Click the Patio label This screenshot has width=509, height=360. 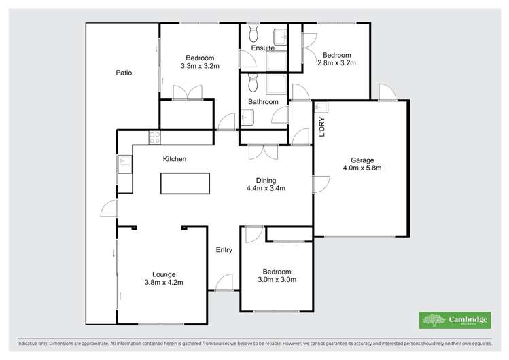point(124,73)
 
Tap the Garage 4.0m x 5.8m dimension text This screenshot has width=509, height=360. point(362,168)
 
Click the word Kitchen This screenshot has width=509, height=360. point(175,159)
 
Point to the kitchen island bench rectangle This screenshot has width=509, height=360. point(185,184)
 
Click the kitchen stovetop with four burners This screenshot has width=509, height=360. point(155,137)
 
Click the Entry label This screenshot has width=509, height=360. point(224,250)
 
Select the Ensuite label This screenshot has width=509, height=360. point(263,48)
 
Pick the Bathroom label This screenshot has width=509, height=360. point(263,102)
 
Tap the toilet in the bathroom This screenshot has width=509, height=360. point(253,83)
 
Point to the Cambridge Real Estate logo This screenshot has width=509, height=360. point(454,320)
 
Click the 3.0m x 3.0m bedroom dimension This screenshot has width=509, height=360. point(277,279)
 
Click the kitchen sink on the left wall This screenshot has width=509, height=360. point(124,162)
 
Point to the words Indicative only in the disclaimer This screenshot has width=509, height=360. point(33,344)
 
